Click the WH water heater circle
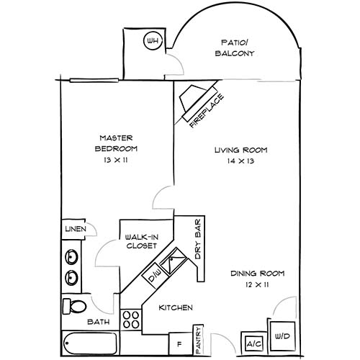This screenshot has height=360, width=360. point(152,41)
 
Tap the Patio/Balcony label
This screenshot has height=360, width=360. point(235,48)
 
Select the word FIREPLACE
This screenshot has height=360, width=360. point(207,111)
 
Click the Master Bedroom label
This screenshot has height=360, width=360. point(117,143)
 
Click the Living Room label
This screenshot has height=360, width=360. point(241,150)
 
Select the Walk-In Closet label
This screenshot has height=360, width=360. point(140,240)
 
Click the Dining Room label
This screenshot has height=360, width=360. point(258,274)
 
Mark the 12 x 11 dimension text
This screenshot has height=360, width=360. point(258,286)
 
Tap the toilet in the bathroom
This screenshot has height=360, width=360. point(73,307)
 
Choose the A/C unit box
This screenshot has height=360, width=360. point(254,344)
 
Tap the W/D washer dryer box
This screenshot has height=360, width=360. point(282,336)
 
